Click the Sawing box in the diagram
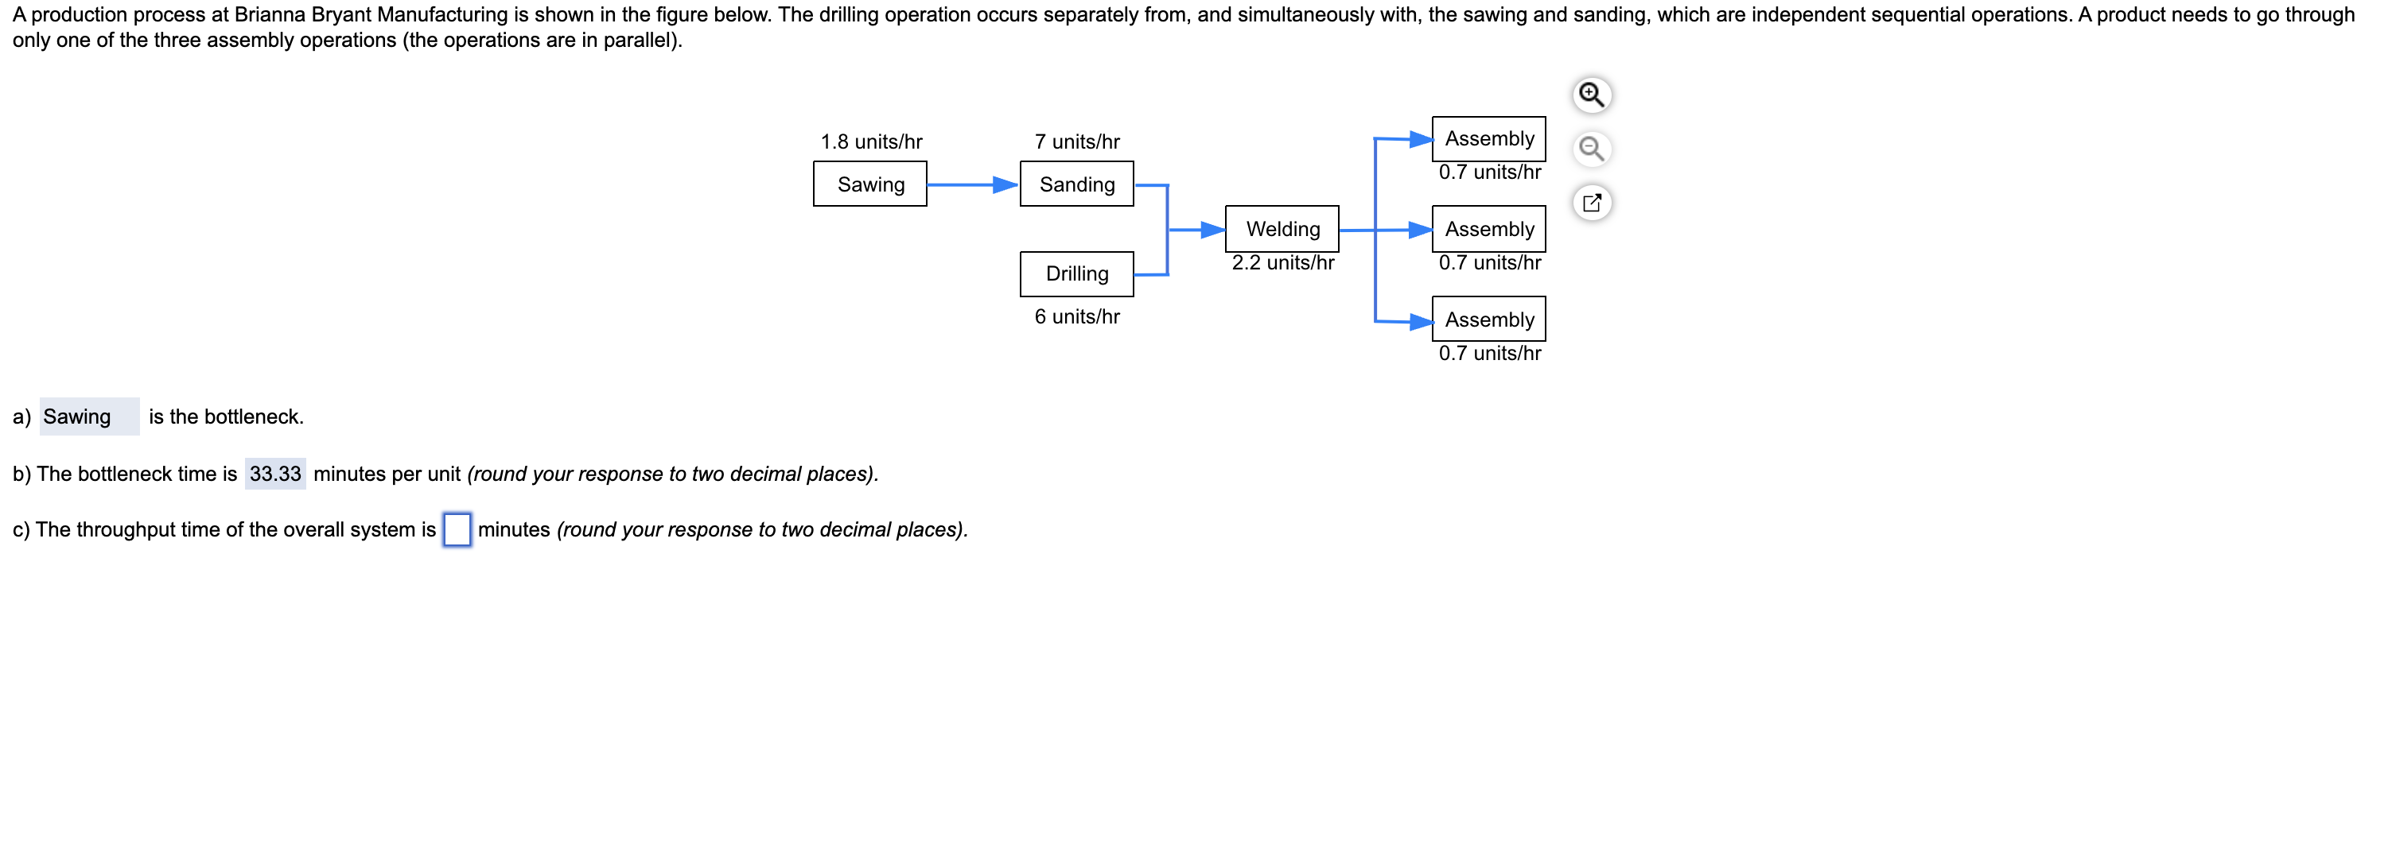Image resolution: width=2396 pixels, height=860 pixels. (869, 184)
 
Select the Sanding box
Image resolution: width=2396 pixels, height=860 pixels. (1076, 184)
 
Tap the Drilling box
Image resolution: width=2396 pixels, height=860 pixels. (1076, 273)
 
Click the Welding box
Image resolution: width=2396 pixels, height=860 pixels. (1282, 229)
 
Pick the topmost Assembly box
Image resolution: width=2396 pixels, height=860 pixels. (1488, 138)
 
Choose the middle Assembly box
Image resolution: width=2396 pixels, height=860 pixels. (1488, 229)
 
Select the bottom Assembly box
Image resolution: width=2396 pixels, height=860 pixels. (1488, 319)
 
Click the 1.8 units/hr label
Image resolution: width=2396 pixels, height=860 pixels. (870, 141)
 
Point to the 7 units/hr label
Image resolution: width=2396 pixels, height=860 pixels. (1076, 141)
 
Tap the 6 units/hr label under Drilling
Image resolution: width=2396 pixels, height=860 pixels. (1076, 316)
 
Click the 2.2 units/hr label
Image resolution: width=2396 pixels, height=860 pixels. (1282, 262)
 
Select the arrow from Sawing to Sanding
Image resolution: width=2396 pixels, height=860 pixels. (972, 185)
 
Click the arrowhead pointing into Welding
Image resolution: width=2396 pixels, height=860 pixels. (1212, 230)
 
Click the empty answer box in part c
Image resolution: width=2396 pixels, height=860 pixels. (457, 529)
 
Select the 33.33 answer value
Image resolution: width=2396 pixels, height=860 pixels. (275, 473)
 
